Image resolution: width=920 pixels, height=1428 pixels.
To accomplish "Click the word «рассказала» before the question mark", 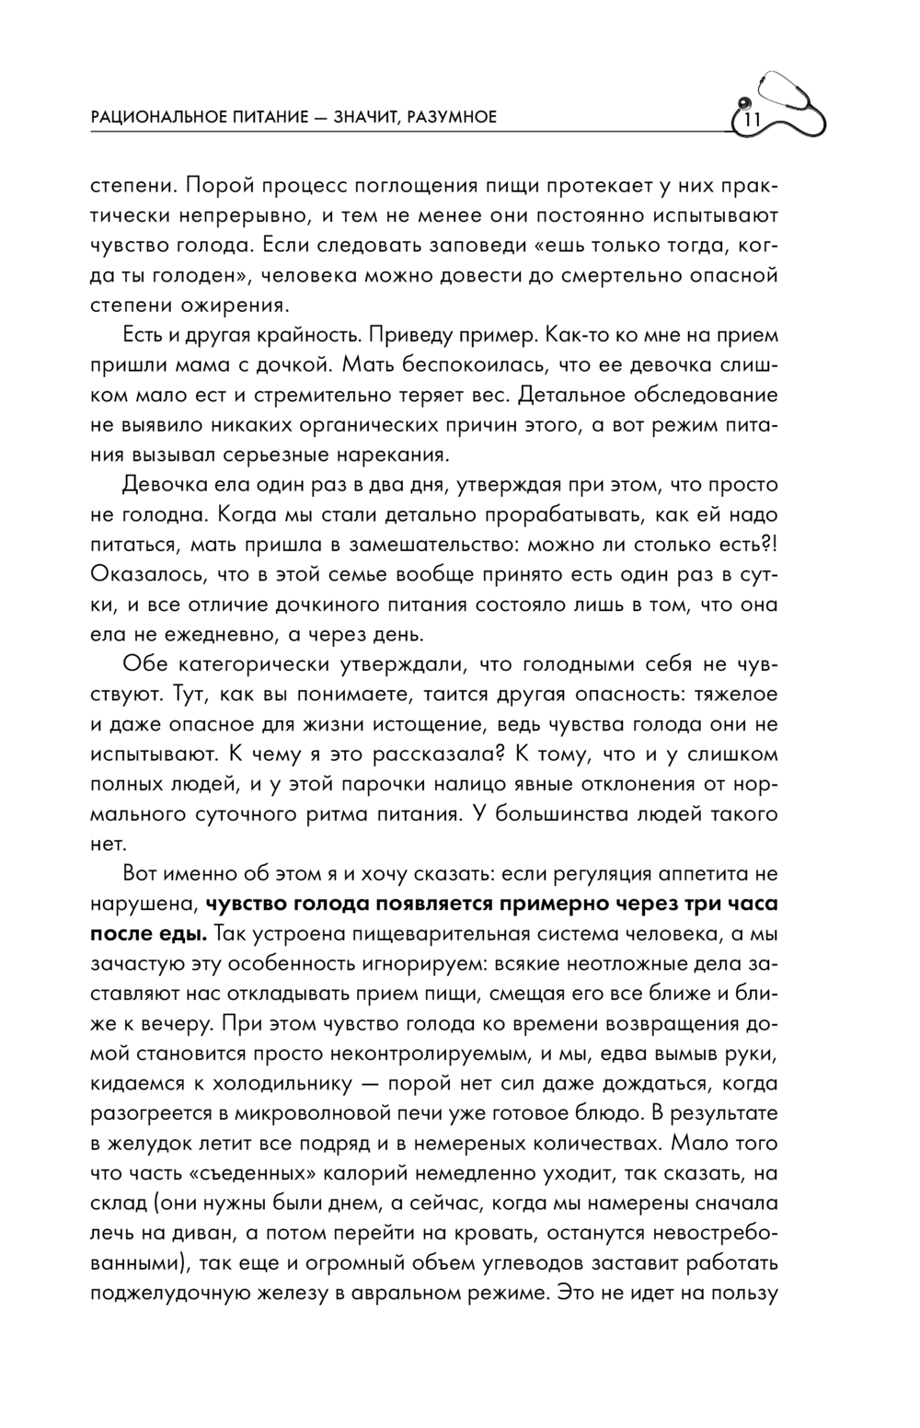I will (434, 754).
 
